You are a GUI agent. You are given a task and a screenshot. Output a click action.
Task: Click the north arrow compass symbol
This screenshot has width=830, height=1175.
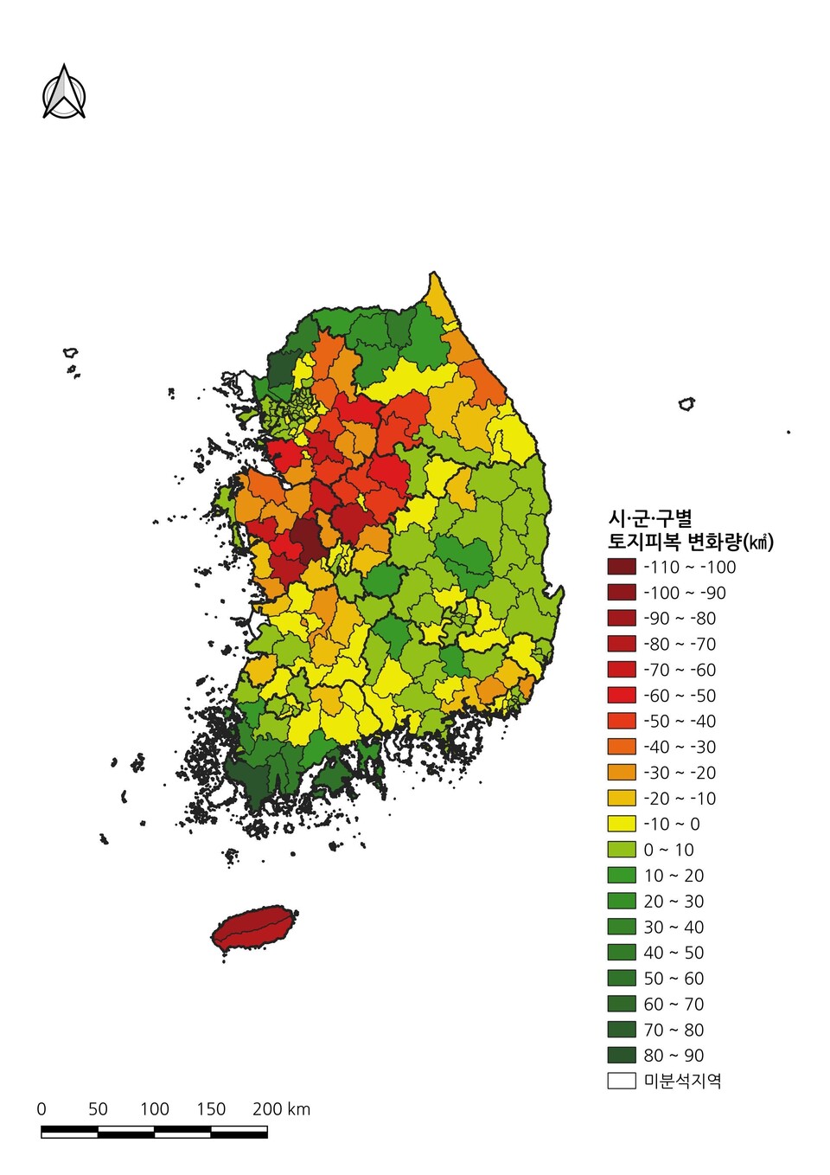click(64, 93)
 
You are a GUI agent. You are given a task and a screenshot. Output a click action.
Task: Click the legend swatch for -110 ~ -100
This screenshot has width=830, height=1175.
click(621, 567)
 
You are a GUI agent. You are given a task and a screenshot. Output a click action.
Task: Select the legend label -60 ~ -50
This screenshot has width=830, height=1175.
click(680, 696)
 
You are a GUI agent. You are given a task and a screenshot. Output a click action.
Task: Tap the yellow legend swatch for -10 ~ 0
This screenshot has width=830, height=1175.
click(621, 824)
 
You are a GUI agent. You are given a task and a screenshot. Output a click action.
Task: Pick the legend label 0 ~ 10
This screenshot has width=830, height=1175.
click(668, 850)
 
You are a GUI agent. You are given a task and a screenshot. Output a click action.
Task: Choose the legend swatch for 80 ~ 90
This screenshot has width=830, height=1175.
click(621, 1056)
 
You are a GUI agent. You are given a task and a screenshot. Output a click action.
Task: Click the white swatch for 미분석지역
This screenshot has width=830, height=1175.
click(621, 1081)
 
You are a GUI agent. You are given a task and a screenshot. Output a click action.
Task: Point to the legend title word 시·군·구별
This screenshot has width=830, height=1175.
click(650, 518)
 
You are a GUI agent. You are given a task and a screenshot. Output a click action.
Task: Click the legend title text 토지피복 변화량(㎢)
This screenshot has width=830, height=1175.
click(690, 543)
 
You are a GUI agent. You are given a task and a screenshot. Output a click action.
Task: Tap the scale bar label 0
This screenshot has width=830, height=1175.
click(41, 1109)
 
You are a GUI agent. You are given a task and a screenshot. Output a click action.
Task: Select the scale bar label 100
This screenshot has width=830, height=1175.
click(154, 1109)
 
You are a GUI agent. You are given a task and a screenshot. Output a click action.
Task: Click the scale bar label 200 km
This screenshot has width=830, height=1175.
click(281, 1109)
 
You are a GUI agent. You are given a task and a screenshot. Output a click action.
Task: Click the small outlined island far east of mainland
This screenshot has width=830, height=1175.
click(686, 403)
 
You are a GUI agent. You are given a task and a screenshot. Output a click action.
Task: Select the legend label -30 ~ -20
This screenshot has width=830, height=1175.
click(680, 773)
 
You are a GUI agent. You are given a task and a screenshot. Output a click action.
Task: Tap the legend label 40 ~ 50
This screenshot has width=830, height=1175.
click(674, 953)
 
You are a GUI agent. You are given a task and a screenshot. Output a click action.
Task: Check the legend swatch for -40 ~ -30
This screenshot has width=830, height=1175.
click(621, 747)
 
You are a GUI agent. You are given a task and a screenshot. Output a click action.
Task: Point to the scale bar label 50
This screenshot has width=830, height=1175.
click(98, 1109)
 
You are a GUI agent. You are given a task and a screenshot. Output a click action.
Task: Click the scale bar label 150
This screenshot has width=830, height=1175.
click(210, 1109)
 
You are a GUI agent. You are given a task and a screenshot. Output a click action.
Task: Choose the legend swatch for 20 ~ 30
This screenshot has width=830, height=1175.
click(621, 901)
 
